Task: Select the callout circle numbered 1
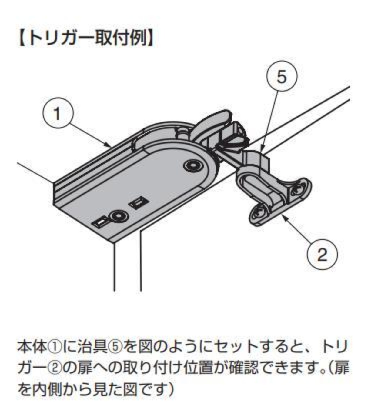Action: [58, 113]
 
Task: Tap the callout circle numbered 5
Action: [282, 77]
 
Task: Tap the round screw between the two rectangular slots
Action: [119, 216]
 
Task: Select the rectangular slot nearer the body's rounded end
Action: [138, 203]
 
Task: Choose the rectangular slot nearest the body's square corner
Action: [99, 223]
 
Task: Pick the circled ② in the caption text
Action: [55, 368]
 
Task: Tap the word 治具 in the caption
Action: [92, 347]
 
